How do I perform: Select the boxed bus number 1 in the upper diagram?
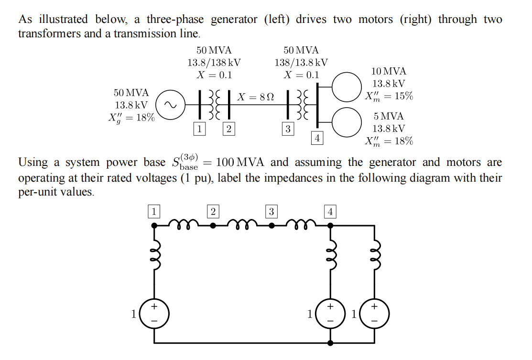[200, 128]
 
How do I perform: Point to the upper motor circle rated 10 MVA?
[347, 87]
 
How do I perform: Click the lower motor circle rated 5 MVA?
[347, 122]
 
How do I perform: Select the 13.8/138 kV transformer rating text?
[214, 63]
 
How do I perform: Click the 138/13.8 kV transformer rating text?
[301, 63]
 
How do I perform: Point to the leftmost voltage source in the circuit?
[154, 314]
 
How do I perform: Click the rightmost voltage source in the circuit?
[374, 314]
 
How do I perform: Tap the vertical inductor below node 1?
[154, 261]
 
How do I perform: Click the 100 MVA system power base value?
[239, 163]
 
